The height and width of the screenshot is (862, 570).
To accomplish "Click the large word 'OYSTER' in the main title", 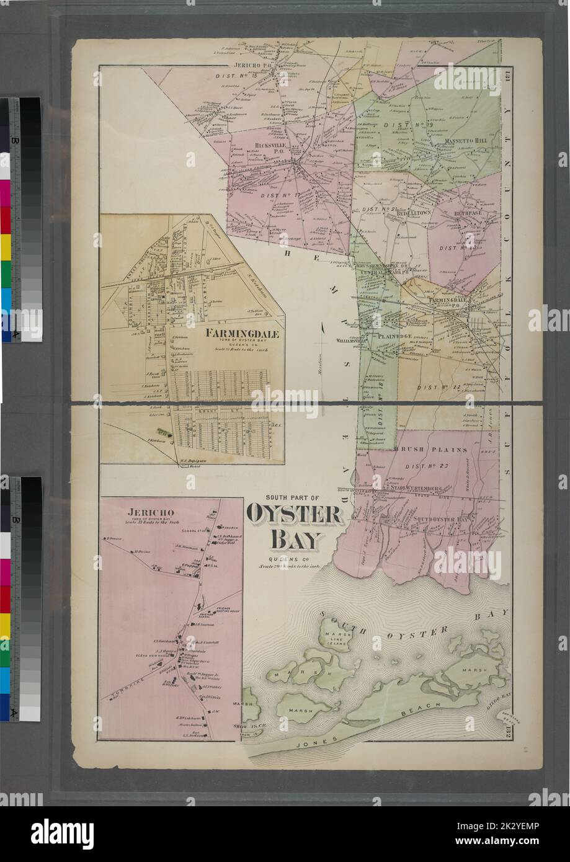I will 294,515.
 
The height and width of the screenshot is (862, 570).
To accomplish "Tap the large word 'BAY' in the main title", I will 295,540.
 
